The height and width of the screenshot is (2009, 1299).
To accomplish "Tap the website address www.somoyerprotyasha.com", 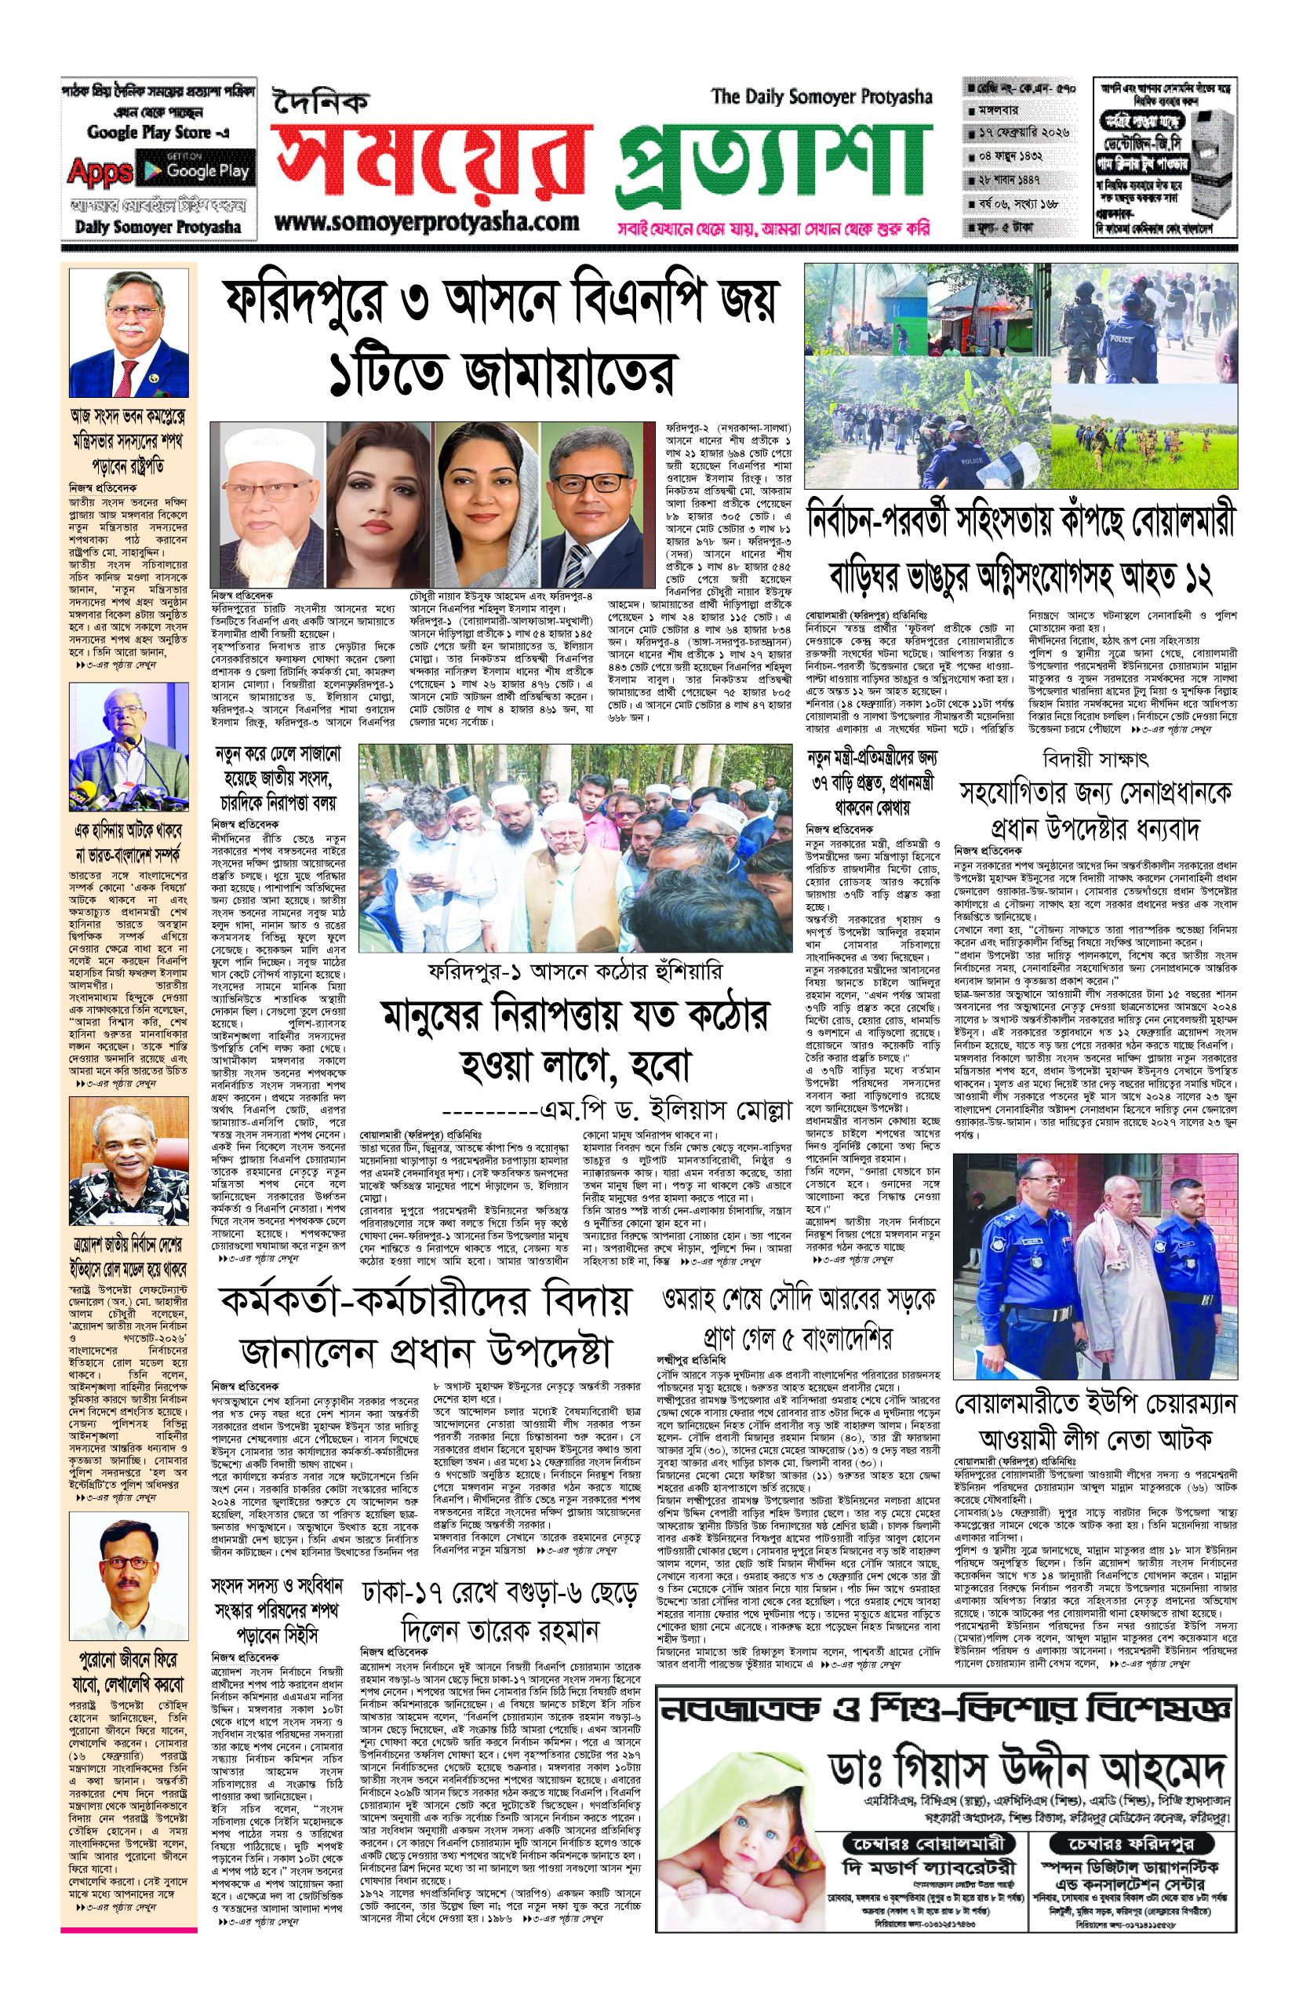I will [427, 223].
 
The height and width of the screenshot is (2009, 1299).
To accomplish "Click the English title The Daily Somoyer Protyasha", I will [821, 97].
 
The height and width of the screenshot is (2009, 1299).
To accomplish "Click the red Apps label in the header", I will [100, 171].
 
